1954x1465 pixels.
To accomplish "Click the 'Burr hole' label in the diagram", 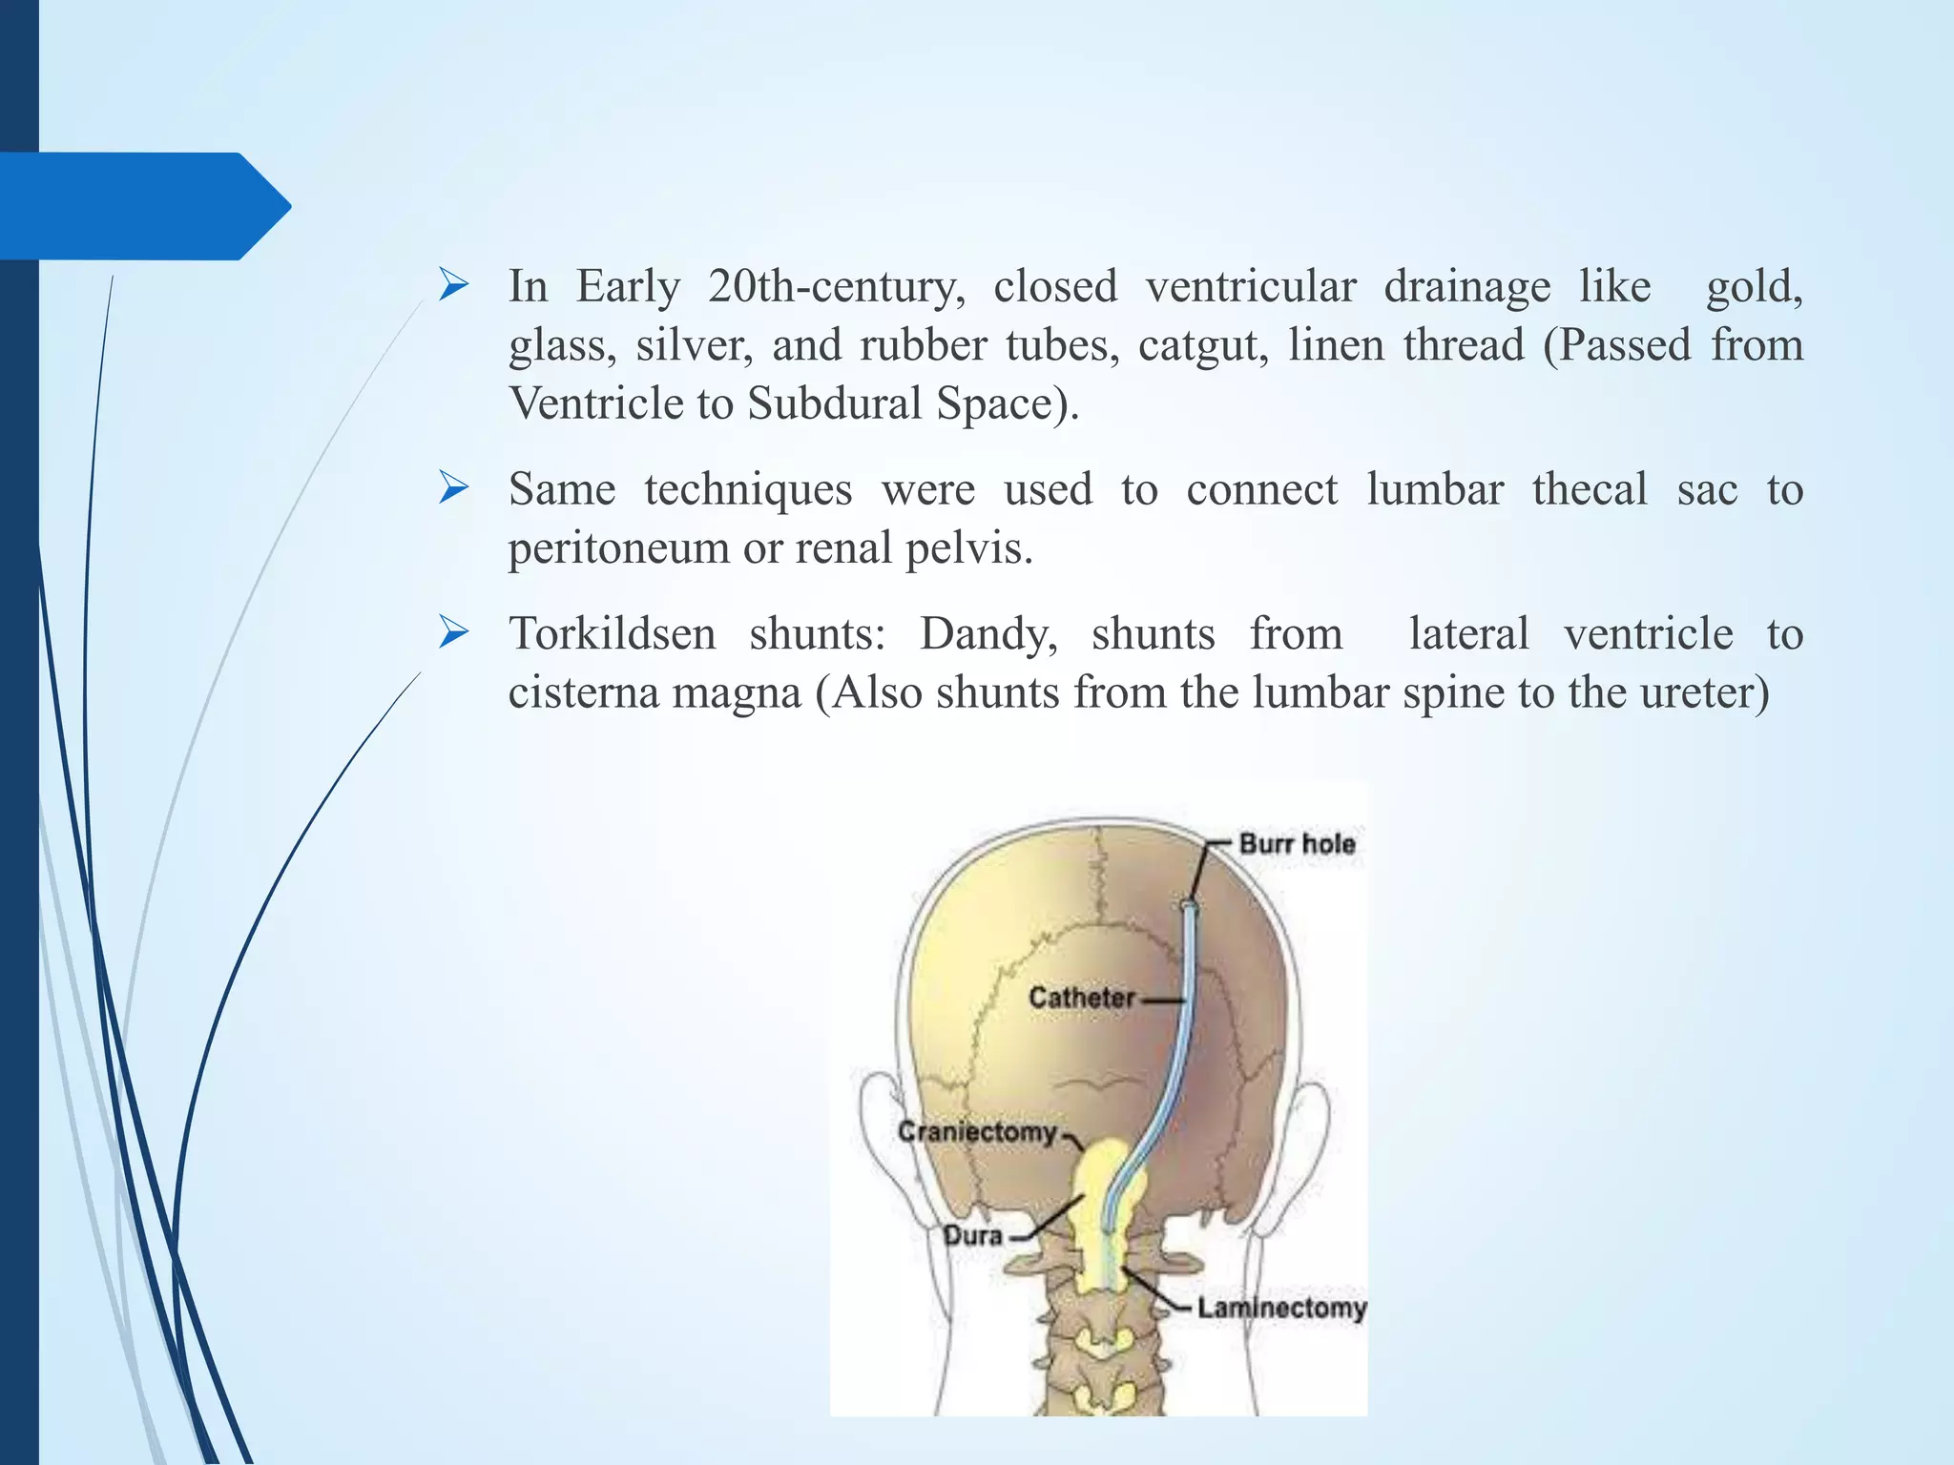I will pos(1296,844).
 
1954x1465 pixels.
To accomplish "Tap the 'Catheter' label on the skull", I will pos(1081,998).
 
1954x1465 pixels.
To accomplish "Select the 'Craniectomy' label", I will pos(977,1132).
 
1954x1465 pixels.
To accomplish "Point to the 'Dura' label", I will pos(972,1236).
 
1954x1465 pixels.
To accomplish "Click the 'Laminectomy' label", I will pos(1281,1308).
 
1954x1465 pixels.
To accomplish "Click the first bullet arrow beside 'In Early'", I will pos(453,284).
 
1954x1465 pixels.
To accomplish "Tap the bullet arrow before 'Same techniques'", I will pos(453,488).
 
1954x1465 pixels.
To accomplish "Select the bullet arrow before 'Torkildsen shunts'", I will pos(453,632).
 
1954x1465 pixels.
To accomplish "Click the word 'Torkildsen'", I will pos(612,634).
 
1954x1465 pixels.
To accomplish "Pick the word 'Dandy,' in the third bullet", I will pos(988,634).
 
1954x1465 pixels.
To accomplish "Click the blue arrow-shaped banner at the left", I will pos(143,206).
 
